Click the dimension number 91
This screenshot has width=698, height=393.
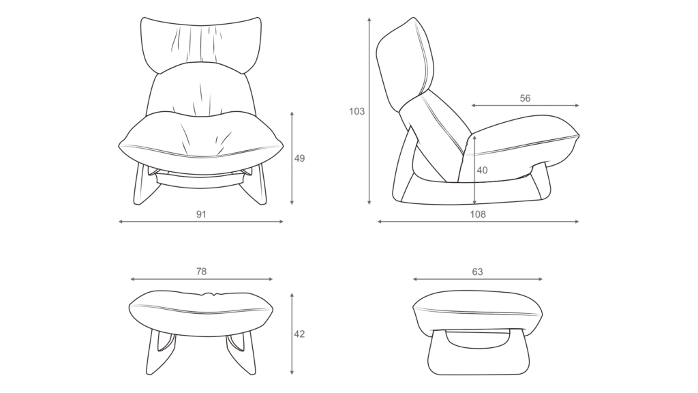[201, 214]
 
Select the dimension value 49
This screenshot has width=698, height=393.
[300, 158]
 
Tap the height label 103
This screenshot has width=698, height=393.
[356, 111]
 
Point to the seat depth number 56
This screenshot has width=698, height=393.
[526, 98]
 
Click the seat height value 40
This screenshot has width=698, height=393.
[482, 170]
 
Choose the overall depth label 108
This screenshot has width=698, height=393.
[478, 214]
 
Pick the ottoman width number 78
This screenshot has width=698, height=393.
[201, 272]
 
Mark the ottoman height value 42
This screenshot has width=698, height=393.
[300, 334]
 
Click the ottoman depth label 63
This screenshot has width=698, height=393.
[477, 272]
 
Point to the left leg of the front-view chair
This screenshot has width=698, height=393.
[143, 185]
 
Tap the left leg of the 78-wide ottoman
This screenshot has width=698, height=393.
[159, 352]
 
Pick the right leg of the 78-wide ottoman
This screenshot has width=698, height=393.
[242, 352]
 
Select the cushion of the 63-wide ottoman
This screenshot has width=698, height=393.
[477, 312]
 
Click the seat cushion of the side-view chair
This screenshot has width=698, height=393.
[521, 143]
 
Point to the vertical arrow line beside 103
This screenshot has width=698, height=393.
[369, 111]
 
